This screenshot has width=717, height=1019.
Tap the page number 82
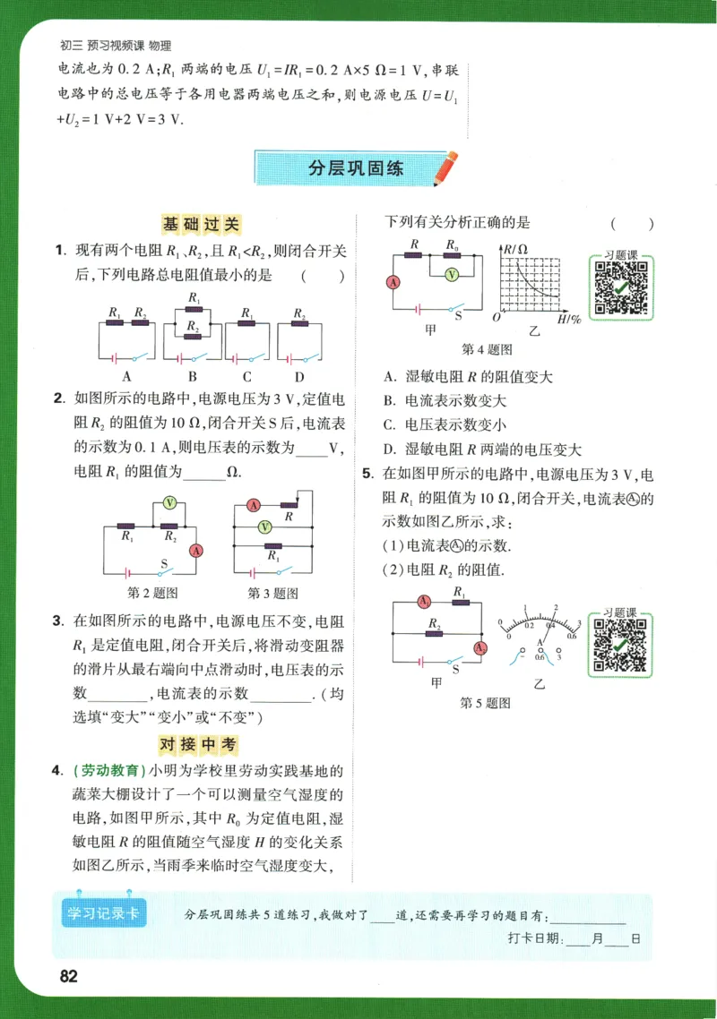click(x=70, y=975)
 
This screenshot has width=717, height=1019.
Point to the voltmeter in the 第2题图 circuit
click(x=169, y=503)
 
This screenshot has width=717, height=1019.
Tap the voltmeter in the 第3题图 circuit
click(x=264, y=527)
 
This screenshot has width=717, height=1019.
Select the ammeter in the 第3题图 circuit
click(x=254, y=506)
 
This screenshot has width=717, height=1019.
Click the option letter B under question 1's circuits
click(x=192, y=377)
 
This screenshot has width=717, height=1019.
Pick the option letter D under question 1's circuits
click(x=299, y=377)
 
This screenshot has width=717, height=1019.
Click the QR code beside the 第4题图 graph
click(x=620, y=286)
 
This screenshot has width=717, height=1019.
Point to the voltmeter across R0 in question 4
click(x=453, y=274)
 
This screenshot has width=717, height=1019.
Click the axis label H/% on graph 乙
click(x=569, y=319)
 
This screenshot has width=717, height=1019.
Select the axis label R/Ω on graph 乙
click(x=514, y=248)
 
